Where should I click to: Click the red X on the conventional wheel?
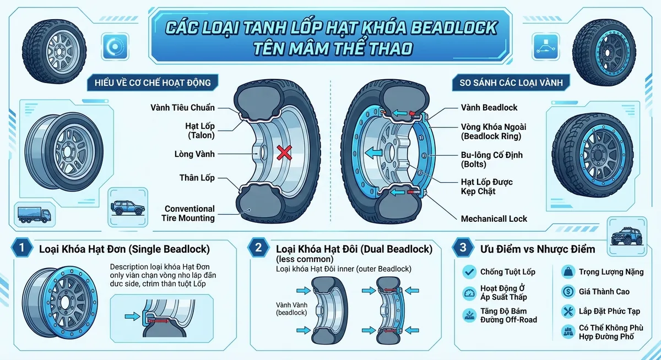point(284,152)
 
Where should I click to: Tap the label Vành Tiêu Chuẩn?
point(182,107)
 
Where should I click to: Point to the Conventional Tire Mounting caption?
point(189,213)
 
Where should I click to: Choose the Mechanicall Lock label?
point(494,219)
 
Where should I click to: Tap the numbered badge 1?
point(21,248)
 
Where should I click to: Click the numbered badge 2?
point(258,248)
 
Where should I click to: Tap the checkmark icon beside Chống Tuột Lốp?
point(469,271)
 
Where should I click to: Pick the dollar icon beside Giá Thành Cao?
point(567,292)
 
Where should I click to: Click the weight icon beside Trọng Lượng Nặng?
point(567,271)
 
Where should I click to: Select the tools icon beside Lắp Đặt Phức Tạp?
point(567,312)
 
